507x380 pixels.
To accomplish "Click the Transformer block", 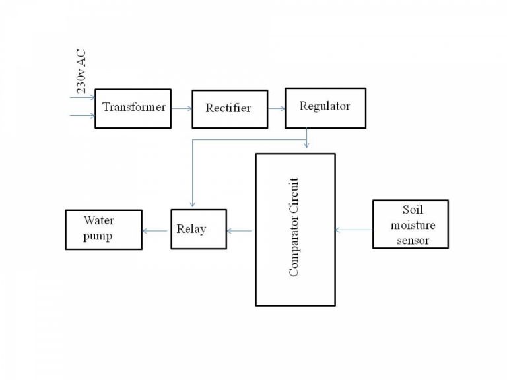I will [133, 108].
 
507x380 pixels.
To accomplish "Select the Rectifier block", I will [228, 108].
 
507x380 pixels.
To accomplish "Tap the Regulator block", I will [324, 107].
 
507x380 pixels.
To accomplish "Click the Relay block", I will [198, 229].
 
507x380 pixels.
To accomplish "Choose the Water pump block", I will [104, 229].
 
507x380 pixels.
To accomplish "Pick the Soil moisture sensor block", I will [410, 224].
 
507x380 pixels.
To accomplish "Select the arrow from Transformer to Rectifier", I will [182, 108].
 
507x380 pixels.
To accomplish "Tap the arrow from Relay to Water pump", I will [156, 230].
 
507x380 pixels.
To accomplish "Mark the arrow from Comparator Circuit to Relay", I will [240, 230].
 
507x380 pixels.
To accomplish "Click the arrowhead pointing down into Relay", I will [191, 205].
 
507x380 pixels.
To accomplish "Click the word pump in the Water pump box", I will [97, 236].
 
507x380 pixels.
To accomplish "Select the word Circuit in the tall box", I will [294, 197].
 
